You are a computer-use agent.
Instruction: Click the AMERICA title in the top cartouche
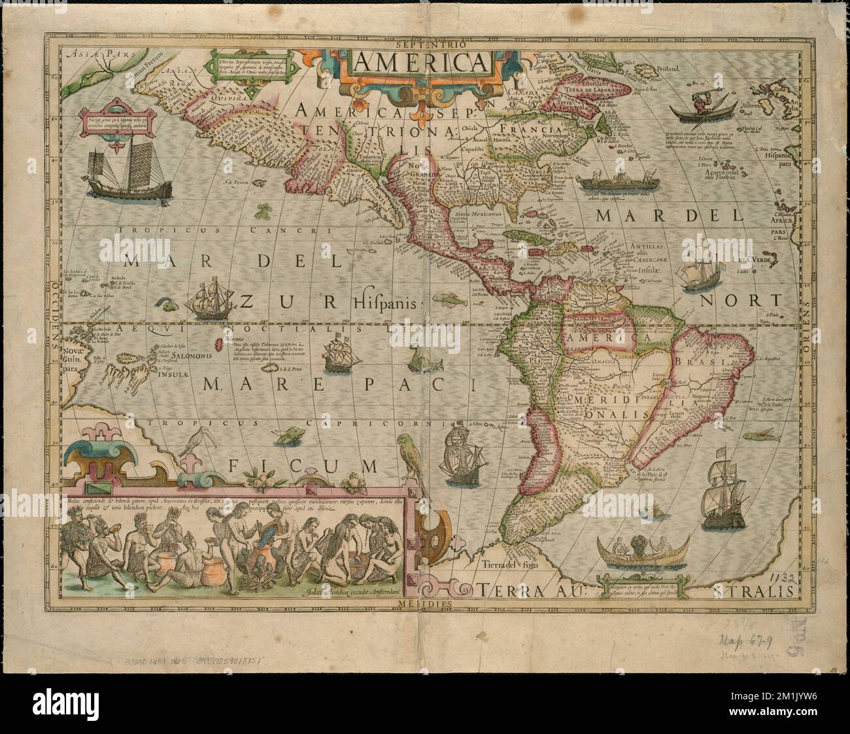422,63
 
